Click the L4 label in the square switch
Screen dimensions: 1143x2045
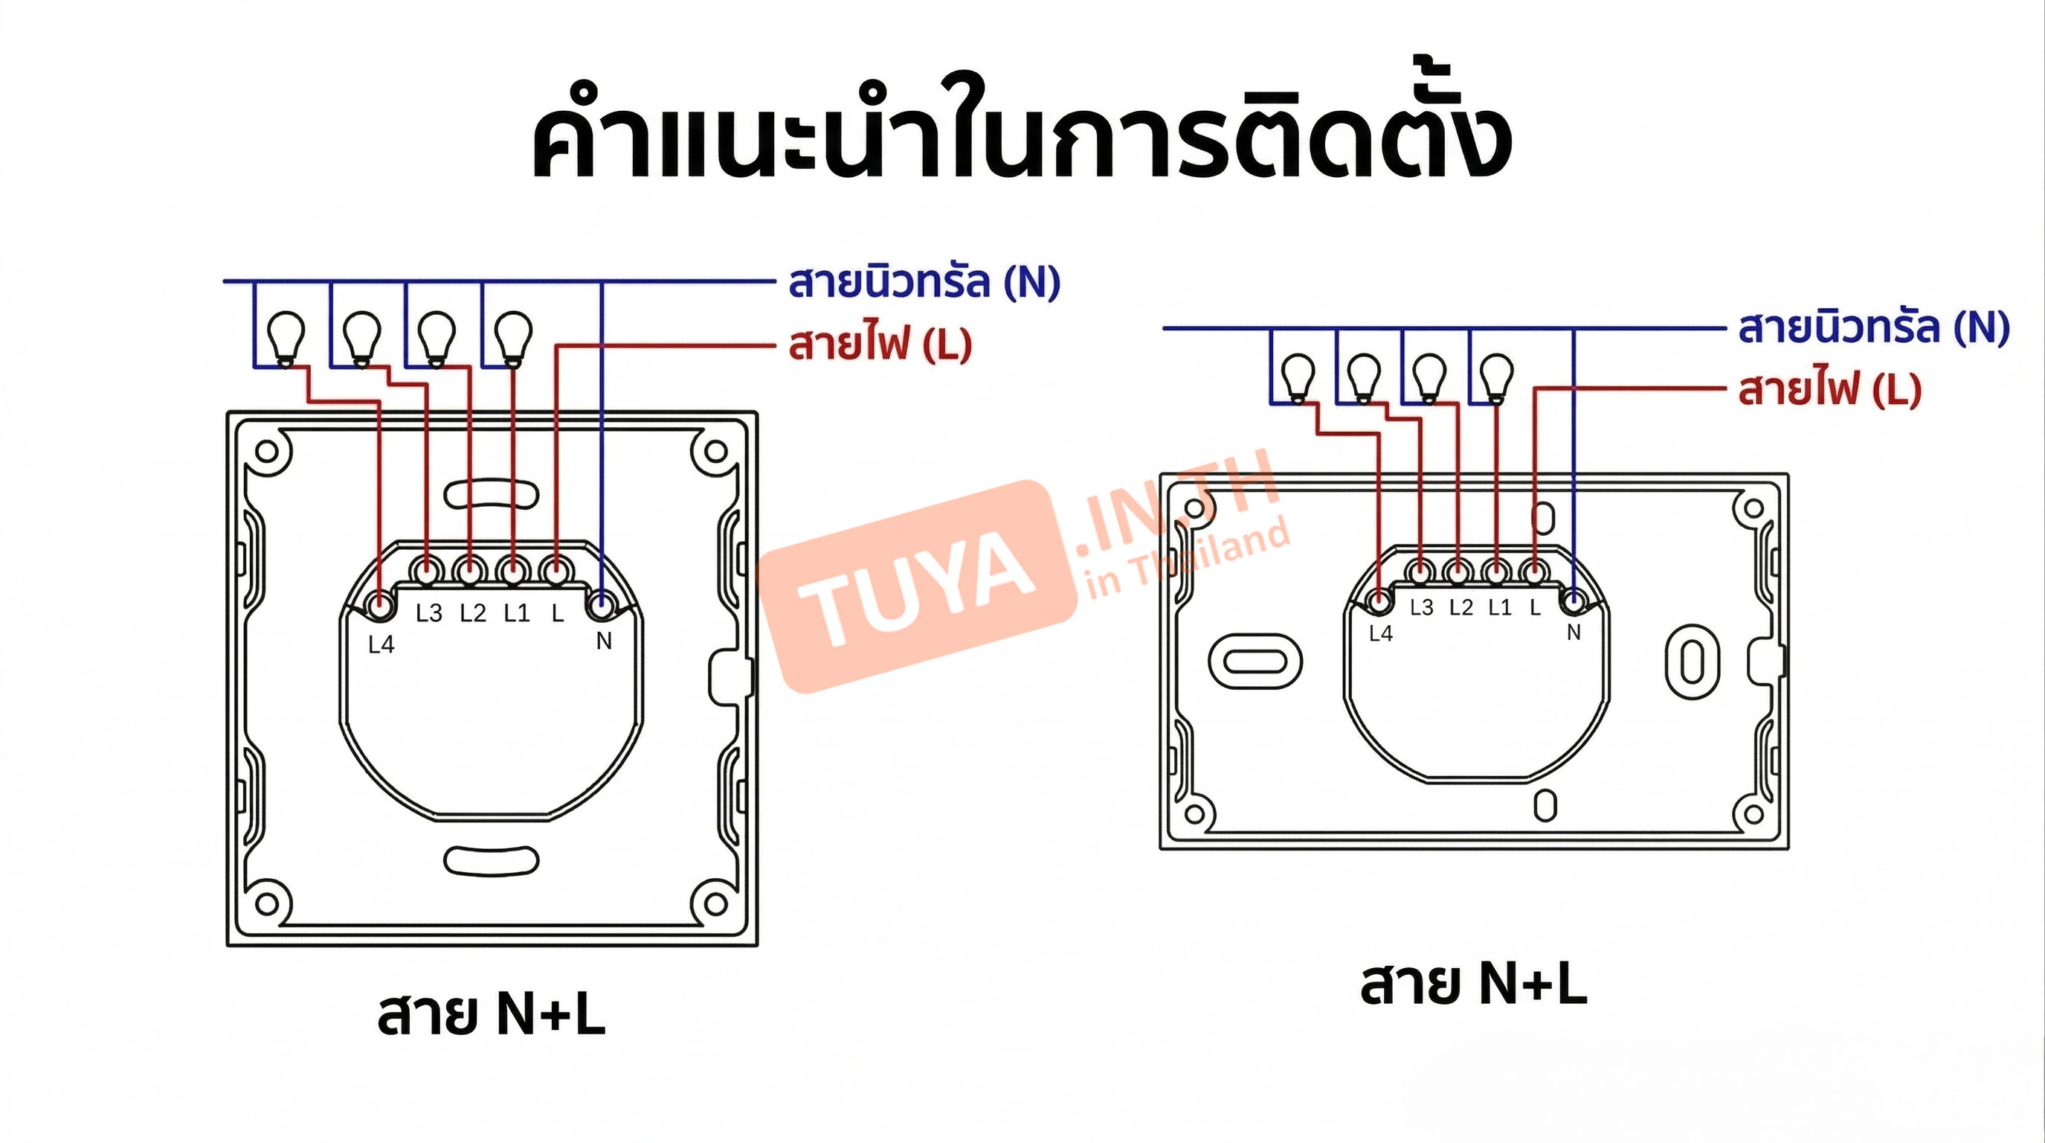[x=381, y=644]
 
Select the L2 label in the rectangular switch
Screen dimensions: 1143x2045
[x=1461, y=608]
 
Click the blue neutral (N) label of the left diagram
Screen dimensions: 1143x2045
[x=924, y=282]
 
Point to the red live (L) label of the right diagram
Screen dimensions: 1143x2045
[x=1829, y=390]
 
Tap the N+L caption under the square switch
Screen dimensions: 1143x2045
[x=492, y=1014]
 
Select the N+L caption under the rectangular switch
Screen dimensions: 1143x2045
[x=1473, y=985]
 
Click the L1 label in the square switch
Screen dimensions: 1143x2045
[x=517, y=612]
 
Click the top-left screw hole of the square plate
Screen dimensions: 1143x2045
[x=267, y=451]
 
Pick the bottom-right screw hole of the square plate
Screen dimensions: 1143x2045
[x=715, y=904]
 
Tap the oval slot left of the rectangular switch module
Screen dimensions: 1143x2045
[x=1255, y=661]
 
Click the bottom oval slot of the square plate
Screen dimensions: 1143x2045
[x=492, y=861]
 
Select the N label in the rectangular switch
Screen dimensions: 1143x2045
[x=1574, y=633]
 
